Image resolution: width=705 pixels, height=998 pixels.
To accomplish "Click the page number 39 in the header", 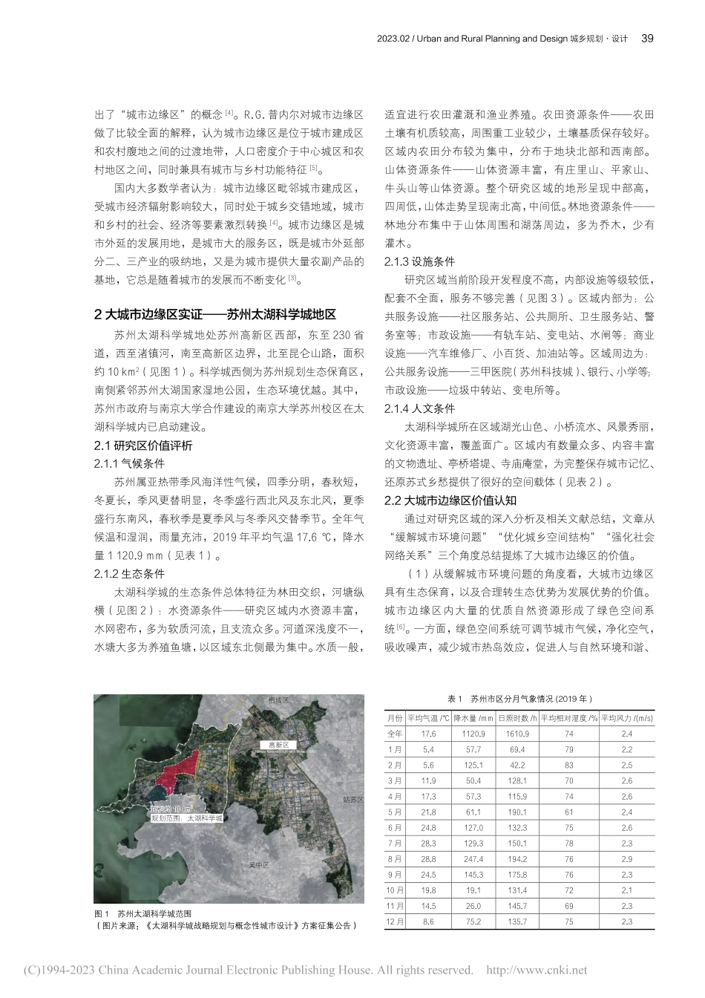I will tap(646, 39).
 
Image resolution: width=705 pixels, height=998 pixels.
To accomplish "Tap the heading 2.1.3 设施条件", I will tap(419, 262).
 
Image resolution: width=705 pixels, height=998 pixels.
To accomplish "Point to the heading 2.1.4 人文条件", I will tap(419, 408).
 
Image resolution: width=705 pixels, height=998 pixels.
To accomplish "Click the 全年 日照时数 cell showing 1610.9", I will tap(517, 734).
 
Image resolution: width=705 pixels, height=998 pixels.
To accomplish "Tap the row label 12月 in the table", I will tap(395, 922).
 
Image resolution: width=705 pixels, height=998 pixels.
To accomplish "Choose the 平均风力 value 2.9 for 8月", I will tap(626, 858).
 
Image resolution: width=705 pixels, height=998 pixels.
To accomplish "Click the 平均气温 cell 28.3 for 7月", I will tap(428, 843).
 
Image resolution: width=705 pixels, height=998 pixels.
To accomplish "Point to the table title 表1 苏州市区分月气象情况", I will tap(520, 699).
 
